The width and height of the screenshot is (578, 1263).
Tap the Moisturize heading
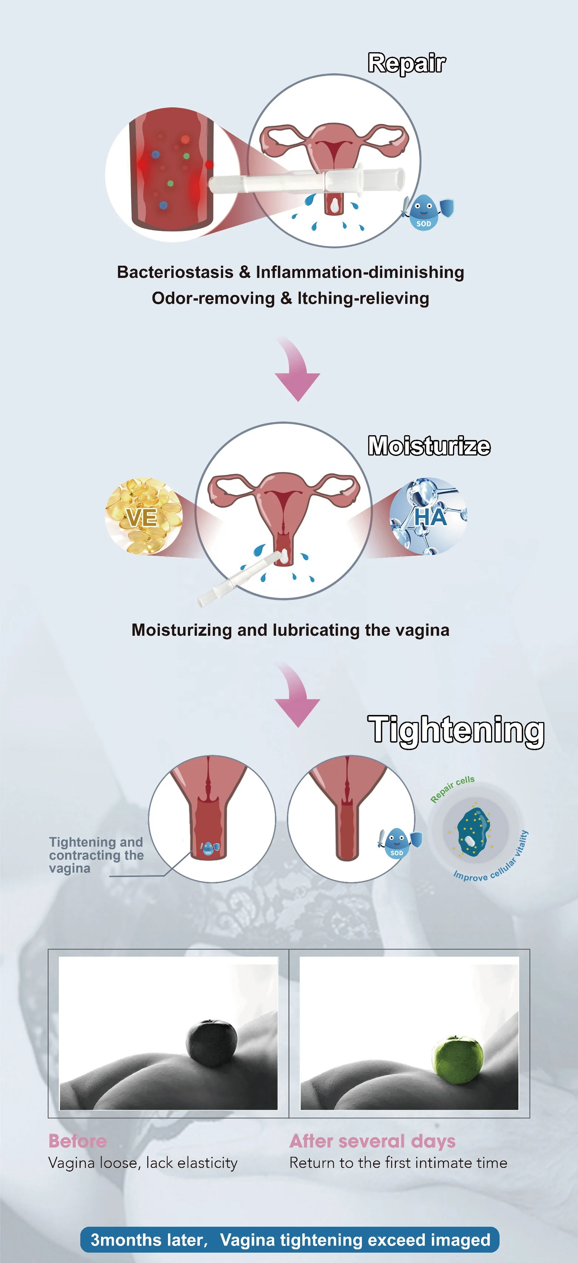[429, 446]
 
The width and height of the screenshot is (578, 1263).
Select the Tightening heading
[456, 730]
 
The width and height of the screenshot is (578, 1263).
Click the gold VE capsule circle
[143, 516]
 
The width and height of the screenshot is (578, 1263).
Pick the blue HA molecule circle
[429, 516]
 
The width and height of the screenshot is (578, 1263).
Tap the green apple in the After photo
[457, 1059]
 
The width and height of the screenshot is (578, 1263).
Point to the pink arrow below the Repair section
[296, 369]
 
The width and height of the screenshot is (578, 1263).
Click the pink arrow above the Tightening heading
[296, 694]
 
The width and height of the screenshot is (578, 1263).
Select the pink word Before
[77, 1141]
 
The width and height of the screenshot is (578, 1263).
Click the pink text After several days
[372, 1141]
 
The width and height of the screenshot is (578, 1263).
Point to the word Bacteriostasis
[175, 272]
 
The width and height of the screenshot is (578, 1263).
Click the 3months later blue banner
[290, 1239]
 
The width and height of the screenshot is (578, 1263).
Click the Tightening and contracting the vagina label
[96, 855]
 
